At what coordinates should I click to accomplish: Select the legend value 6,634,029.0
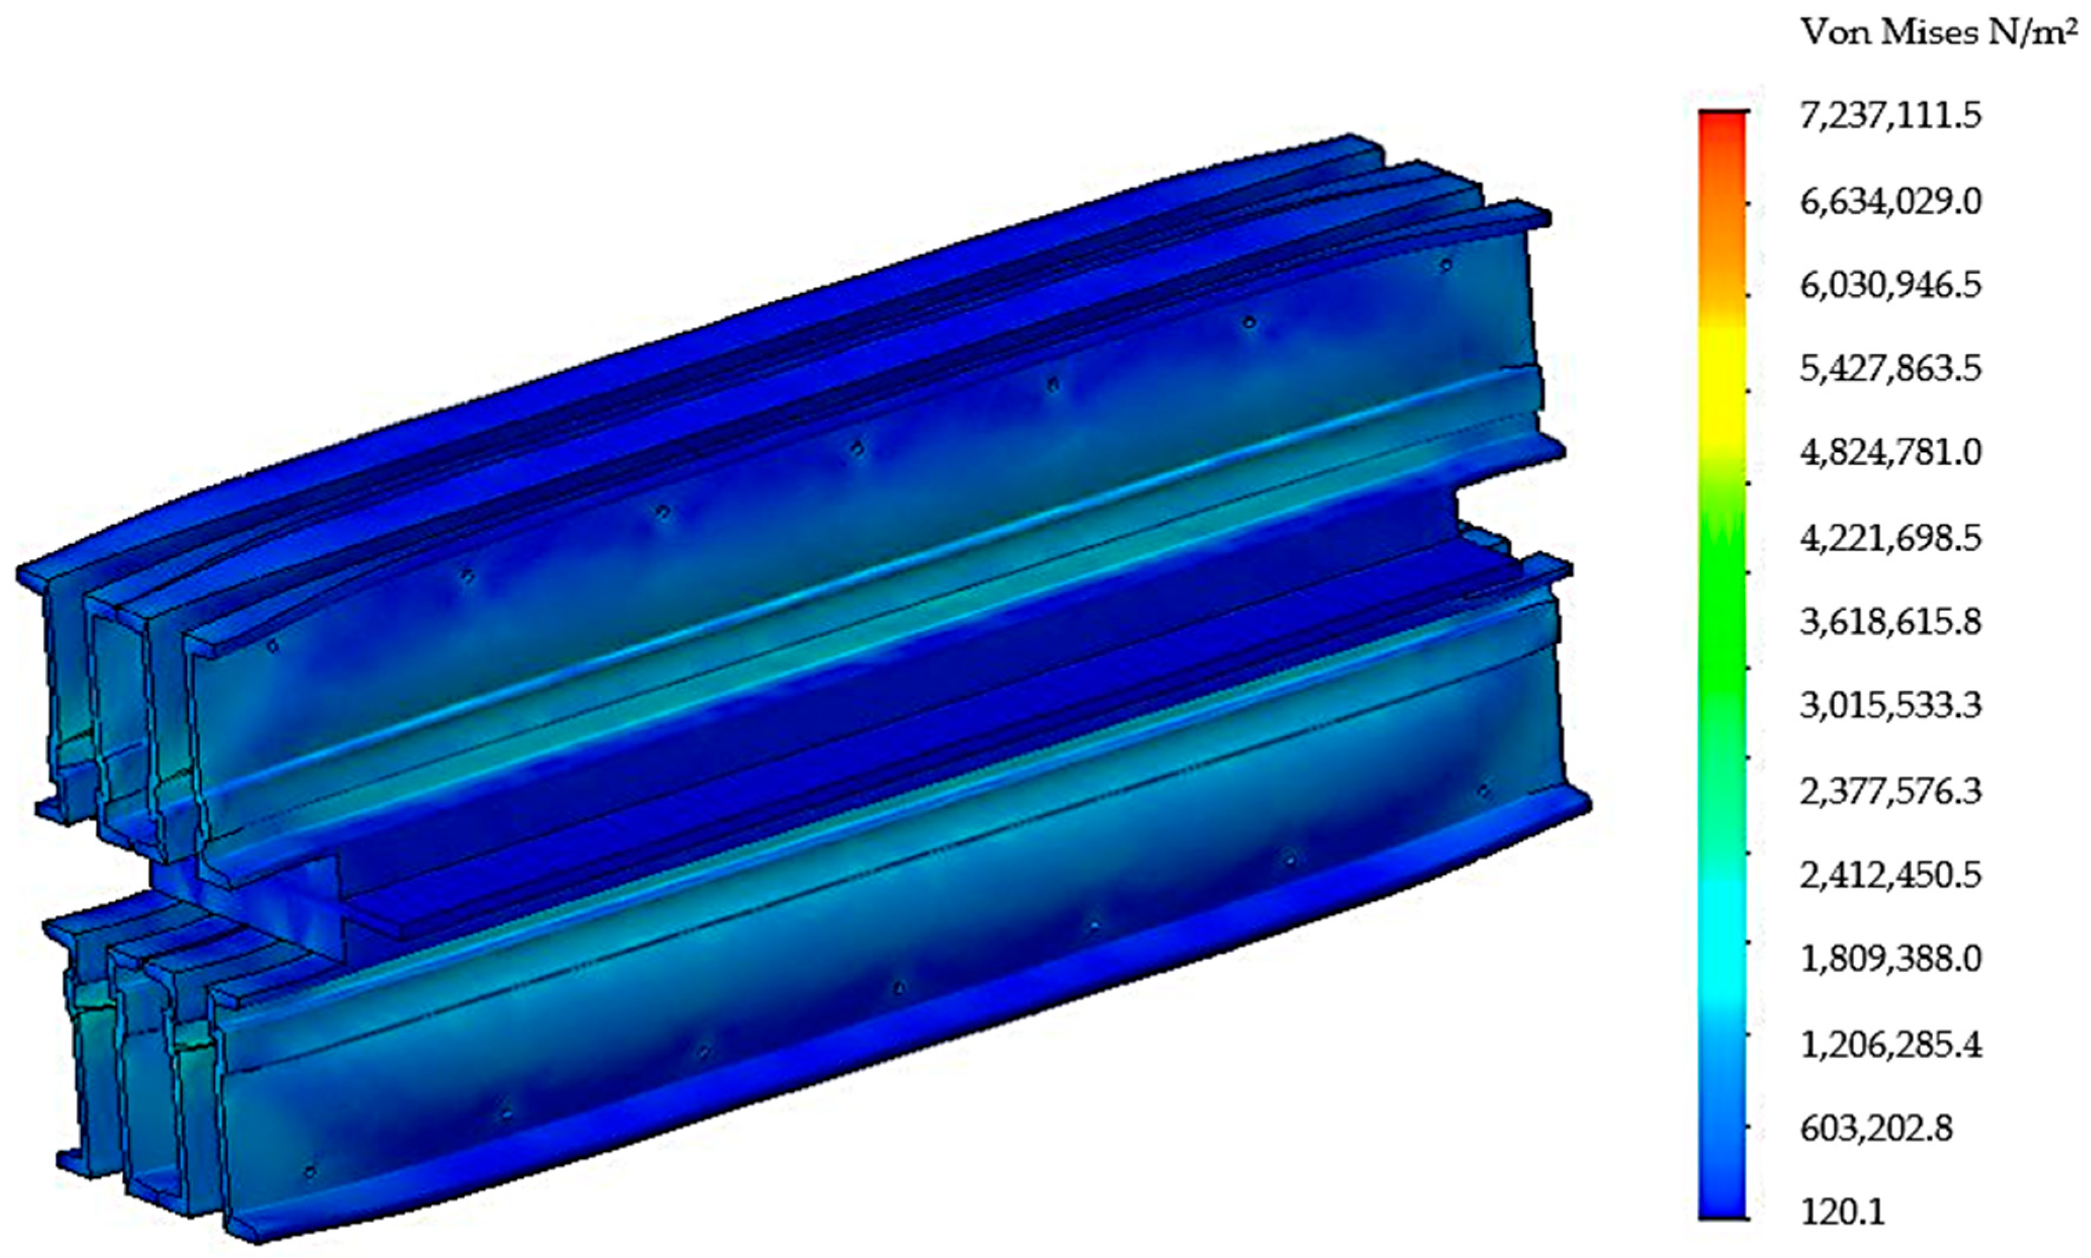pyautogui.click(x=1890, y=203)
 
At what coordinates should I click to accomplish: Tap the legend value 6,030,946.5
pyautogui.click(x=1890, y=286)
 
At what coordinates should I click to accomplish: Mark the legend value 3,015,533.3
pyautogui.click(x=1890, y=706)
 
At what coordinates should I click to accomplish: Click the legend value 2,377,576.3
pyautogui.click(x=1890, y=792)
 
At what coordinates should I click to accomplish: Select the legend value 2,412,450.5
pyautogui.click(x=1890, y=876)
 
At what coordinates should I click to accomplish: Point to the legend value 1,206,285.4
pyautogui.click(x=1890, y=1045)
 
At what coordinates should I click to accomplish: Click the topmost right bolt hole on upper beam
pyautogui.click(x=1446, y=265)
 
